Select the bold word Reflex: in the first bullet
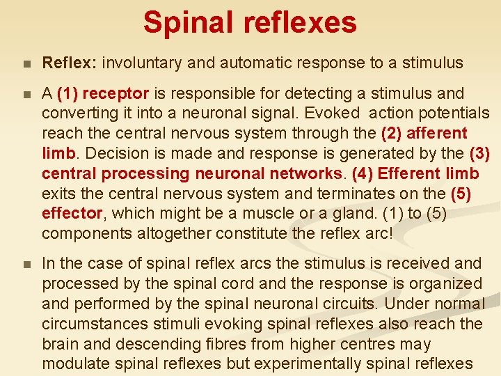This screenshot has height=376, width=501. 70,63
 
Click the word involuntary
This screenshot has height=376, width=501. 142,63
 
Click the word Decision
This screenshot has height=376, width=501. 111,153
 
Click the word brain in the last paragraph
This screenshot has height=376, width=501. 61,344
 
